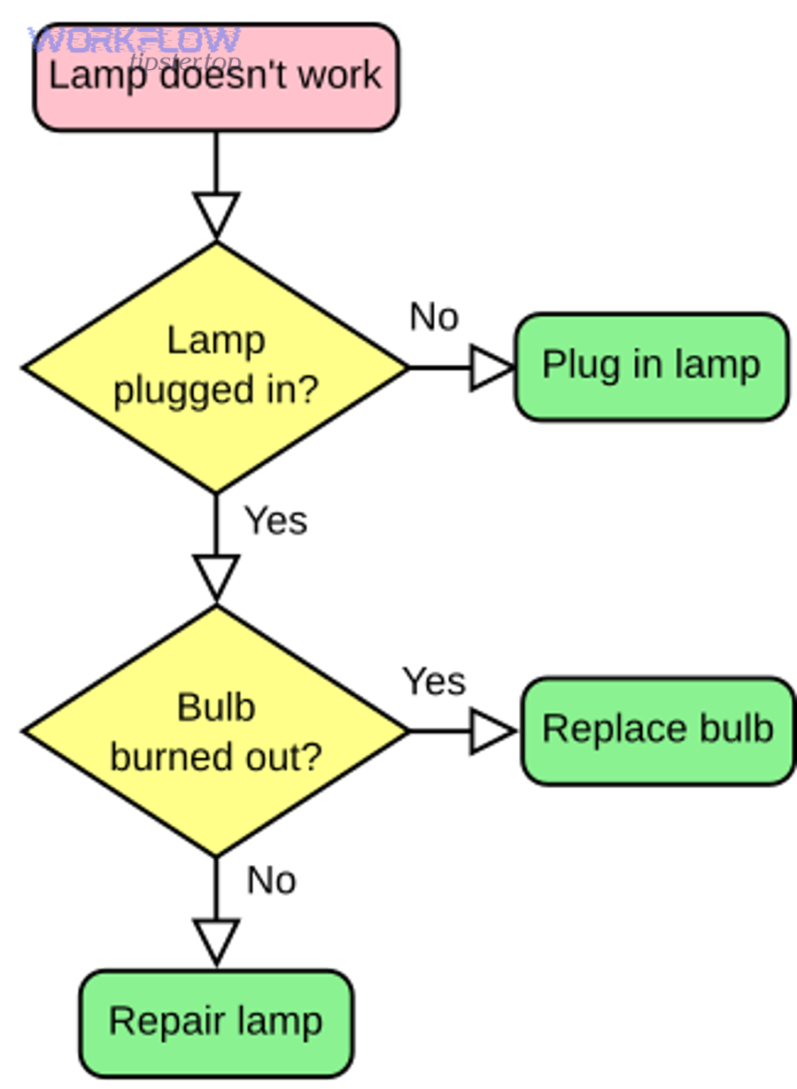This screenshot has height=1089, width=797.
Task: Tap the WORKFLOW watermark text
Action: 134,41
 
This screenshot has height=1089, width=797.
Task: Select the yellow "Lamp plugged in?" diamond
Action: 216,367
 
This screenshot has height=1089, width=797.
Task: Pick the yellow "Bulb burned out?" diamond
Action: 216,731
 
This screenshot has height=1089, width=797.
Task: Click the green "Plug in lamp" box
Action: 651,367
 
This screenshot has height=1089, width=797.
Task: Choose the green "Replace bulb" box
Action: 658,730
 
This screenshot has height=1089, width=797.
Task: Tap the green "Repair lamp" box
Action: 216,1023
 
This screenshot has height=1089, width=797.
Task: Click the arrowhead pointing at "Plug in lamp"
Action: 489,367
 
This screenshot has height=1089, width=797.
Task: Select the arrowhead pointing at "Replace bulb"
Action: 489,731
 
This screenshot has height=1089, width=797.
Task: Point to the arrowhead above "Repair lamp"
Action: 216,938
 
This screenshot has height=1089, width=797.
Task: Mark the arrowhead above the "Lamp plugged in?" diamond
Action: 216,212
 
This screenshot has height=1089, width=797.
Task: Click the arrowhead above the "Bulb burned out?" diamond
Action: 216,575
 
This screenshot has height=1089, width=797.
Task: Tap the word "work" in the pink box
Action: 341,74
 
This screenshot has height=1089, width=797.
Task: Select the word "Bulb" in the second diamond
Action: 216,707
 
